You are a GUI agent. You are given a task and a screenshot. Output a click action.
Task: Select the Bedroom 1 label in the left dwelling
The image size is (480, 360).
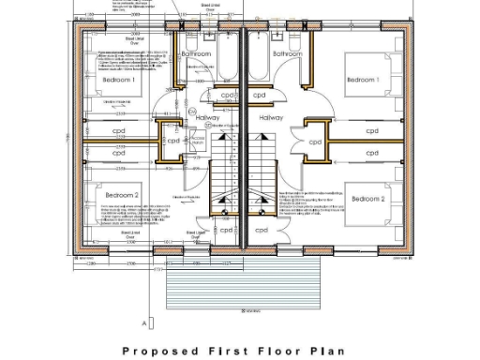(119, 81)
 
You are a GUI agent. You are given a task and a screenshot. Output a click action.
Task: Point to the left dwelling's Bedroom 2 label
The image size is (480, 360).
(122, 194)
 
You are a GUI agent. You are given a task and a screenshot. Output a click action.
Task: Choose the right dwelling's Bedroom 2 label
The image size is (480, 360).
(367, 199)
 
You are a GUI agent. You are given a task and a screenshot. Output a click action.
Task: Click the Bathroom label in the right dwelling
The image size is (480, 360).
(288, 54)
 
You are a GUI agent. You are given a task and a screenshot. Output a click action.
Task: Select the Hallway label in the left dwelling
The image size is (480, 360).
(207, 118)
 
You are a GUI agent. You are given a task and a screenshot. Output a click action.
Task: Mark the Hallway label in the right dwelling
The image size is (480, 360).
(271, 118)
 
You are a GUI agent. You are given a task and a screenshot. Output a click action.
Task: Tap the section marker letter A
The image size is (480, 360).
(144, 322)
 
